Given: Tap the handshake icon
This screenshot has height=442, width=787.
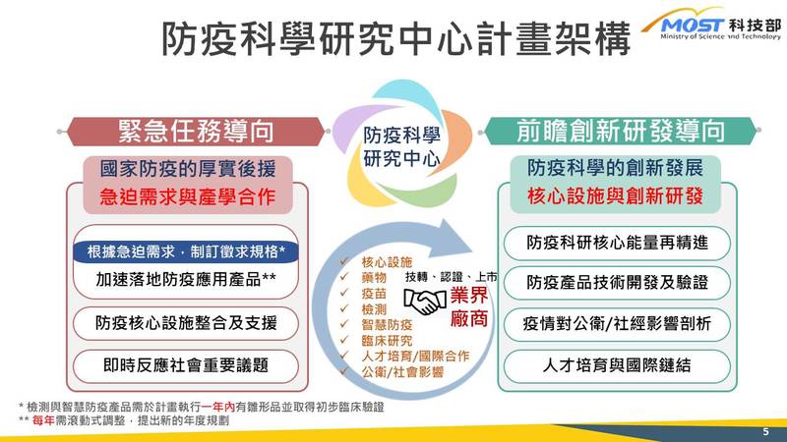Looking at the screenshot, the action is [x=425, y=302].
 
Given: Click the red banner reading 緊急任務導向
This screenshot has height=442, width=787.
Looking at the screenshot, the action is [x=196, y=132].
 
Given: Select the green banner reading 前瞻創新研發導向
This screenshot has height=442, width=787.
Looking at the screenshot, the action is [x=621, y=131].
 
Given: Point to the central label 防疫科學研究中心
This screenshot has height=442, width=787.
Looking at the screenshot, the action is [x=401, y=146].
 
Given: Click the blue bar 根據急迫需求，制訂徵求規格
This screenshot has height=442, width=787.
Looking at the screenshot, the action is [x=186, y=251].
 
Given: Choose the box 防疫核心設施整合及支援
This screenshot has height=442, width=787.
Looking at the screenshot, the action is [x=186, y=323].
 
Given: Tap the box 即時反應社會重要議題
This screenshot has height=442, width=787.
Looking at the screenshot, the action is [x=186, y=365].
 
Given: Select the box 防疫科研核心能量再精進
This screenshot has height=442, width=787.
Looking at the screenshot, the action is [x=617, y=243].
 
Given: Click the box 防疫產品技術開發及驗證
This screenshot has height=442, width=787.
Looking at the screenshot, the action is [x=617, y=283].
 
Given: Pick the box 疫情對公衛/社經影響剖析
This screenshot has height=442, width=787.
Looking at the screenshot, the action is [x=617, y=324].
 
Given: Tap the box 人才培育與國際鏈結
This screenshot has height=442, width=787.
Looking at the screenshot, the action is [x=617, y=365].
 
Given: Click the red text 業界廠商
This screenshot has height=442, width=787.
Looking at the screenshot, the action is [x=469, y=306].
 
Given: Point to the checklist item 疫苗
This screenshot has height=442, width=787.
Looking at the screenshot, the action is [x=374, y=293].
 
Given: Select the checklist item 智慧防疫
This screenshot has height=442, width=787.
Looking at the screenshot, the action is [x=387, y=325].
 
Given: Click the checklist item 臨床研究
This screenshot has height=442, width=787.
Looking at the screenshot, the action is [x=387, y=341].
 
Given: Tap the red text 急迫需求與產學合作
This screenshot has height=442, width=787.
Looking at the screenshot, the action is [x=187, y=196].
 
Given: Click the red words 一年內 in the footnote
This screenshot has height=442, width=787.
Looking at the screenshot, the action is [x=217, y=407].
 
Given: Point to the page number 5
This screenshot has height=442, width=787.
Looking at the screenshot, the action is [x=765, y=431].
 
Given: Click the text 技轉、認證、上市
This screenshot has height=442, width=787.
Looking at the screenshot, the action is [x=452, y=277].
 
